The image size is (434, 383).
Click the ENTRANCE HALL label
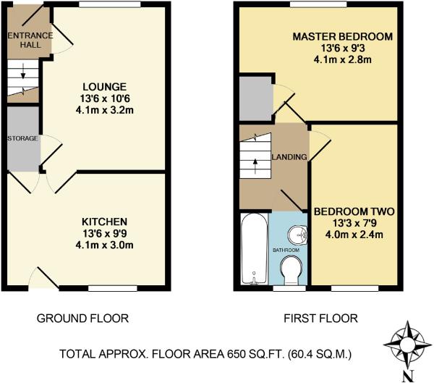(30, 40)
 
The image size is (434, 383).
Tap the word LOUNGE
(105, 87)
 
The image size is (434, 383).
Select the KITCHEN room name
(105, 222)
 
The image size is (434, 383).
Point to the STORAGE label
(22, 138)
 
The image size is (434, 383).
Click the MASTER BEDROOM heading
(343, 37)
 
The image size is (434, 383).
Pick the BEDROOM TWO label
(354, 211)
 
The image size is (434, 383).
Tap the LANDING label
(289, 157)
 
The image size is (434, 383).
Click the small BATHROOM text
(286, 251)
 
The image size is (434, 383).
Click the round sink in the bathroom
(297, 235)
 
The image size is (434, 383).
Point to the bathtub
(255, 249)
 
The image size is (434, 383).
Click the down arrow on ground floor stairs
(23, 71)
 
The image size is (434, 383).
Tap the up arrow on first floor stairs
(255, 167)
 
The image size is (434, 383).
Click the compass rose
(408, 345)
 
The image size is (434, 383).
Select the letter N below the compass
(408, 376)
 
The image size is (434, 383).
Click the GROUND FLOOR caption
(82, 319)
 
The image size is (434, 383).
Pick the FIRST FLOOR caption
(320, 319)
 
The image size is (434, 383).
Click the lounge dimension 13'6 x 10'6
(105, 98)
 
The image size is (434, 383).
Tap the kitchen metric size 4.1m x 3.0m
(105, 245)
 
